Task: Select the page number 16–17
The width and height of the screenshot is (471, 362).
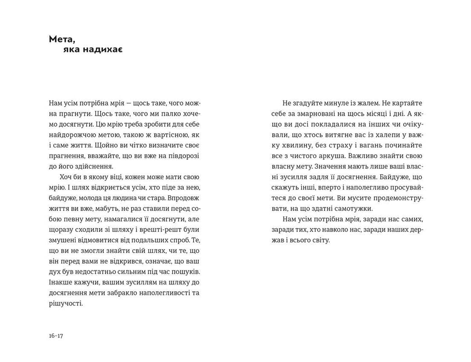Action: point(56,336)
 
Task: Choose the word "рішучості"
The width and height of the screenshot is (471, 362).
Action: point(66,303)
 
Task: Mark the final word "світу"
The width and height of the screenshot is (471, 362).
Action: point(319,240)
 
